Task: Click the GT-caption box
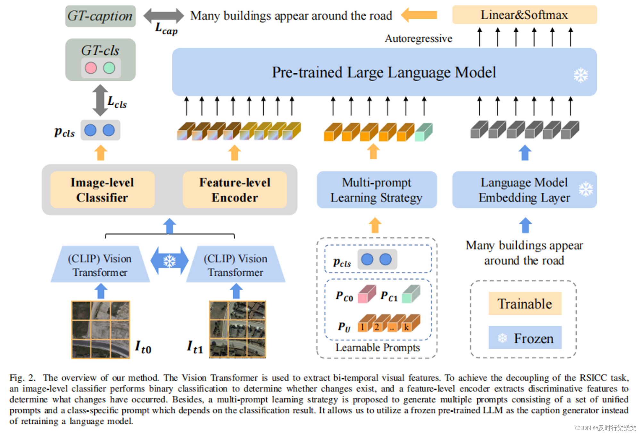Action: pyautogui.click(x=100, y=16)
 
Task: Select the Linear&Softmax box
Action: pyautogui.click(x=524, y=15)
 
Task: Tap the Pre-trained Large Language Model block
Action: pyautogui.click(x=384, y=72)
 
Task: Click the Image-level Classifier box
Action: pyautogui.click(x=102, y=190)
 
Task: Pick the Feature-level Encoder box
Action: pyautogui.click(x=235, y=190)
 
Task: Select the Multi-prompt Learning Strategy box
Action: pyautogui.click(x=377, y=190)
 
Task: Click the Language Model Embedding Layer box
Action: pyautogui.click(x=524, y=190)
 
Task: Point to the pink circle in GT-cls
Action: pyautogui.click(x=91, y=68)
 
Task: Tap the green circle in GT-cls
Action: pyautogui.click(x=109, y=68)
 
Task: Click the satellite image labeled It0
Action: pyautogui.click(x=101, y=330)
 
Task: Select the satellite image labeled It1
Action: pyautogui.click(x=237, y=329)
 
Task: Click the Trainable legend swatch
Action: pyautogui.click(x=525, y=304)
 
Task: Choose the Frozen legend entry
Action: pyautogui.click(x=525, y=338)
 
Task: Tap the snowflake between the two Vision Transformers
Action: pyautogui.click(x=170, y=261)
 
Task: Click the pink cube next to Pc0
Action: pyautogui.click(x=366, y=294)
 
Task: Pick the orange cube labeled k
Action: pyautogui.click(x=409, y=324)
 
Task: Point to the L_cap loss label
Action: pyautogui.click(x=166, y=29)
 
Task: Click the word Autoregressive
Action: pyautogui.click(x=418, y=39)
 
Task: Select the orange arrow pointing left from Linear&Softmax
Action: pyautogui.click(x=419, y=15)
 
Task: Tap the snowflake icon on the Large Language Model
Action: pyautogui.click(x=580, y=76)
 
